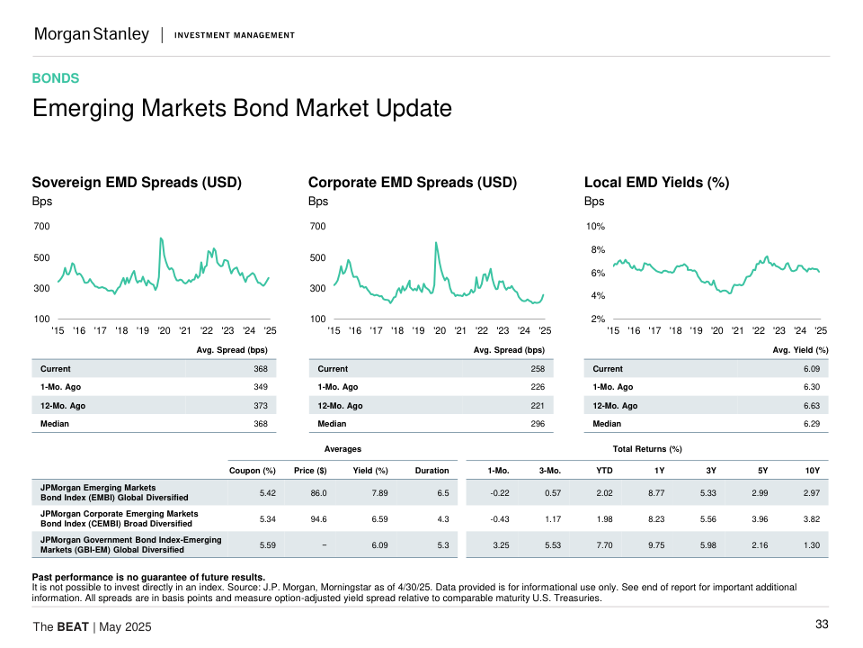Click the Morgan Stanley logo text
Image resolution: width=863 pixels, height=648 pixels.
click(x=92, y=34)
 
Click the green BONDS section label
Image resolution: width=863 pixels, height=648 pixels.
click(x=56, y=78)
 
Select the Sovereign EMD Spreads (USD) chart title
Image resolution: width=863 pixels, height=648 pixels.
click(x=138, y=183)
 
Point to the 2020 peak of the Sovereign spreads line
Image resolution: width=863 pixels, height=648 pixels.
click(x=161, y=238)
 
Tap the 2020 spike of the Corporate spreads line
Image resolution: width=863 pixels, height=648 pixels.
click(x=436, y=242)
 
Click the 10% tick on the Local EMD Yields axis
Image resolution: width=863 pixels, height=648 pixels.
click(x=594, y=226)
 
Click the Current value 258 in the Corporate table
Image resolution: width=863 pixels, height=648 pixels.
click(x=537, y=369)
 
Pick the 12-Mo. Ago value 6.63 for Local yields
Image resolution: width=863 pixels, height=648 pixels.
click(x=811, y=406)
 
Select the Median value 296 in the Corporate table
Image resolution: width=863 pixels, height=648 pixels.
click(x=537, y=424)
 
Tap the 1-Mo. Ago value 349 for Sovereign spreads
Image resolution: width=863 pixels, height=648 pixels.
click(x=261, y=387)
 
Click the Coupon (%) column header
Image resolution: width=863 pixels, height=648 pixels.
click(x=253, y=470)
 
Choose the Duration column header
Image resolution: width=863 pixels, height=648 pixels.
click(x=431, y=470)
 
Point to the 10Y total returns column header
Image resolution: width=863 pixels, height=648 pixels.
click(x=812, y=470)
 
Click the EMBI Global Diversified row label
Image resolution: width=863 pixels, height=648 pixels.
click(x=114, y=492)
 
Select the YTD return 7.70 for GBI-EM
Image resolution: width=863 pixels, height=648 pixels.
click(x=604, y=545)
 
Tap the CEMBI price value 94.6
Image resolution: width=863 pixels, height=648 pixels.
click(x=318, y=519)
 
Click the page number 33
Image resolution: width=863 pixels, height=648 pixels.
click(x=822, y=625)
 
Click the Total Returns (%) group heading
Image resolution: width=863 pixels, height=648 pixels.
click(x=646, y=448)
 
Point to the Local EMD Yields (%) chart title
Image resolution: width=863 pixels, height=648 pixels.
click(x=656, y=183)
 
